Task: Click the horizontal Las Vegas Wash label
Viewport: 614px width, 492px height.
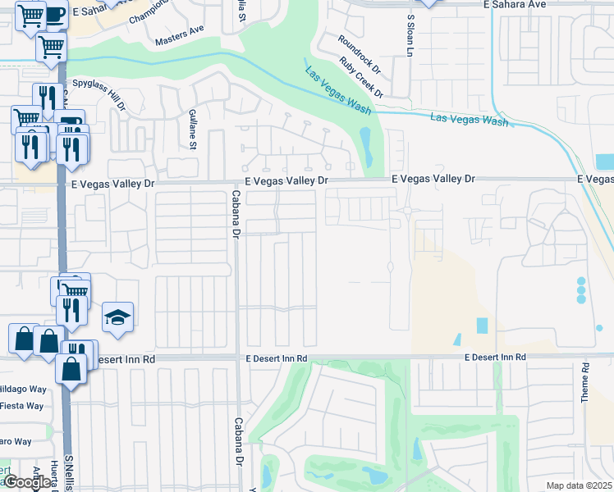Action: click(x=469, y=119)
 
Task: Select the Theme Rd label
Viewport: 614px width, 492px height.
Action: click(x=585, y=382)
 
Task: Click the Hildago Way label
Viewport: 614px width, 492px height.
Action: click(x=22, y=389)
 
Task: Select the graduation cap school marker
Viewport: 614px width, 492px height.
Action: click(x=117, y=317)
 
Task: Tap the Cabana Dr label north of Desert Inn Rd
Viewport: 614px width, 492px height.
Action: click(x=235, y=215)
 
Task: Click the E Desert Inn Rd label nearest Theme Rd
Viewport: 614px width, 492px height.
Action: click(x=494, y=358)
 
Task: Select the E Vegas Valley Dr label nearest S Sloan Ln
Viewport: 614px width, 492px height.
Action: click(x=433, y=178)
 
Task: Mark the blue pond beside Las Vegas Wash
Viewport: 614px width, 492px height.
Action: click(x=365, y=145)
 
